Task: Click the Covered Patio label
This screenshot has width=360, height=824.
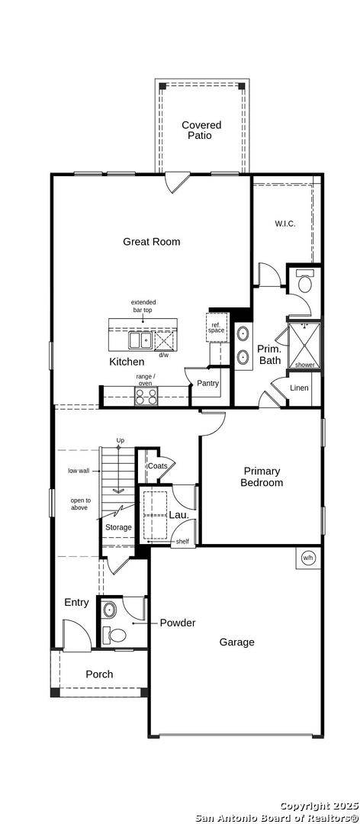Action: coord(201,130)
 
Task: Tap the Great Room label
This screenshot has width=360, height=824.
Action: coord(152,242)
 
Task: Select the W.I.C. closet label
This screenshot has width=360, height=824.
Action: coord(284,224)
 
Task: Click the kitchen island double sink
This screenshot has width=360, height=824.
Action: coord(140,340)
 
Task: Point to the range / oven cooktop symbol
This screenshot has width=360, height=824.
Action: coord(146,396)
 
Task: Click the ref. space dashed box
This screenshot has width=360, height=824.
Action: coord(217,327)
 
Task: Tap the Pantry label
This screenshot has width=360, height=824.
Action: coord(207,384)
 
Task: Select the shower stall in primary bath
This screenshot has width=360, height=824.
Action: coord(304,347)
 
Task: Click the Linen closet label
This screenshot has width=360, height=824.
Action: coord(300,388)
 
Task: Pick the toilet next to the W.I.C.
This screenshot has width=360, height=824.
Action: coord(304,284)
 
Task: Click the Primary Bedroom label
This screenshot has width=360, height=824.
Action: coord(262,477)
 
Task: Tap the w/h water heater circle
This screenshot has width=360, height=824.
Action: coord(308,557)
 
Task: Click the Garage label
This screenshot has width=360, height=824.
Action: coord(236,642)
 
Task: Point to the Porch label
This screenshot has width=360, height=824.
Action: coord(99,674)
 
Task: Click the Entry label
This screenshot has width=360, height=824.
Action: coord(76,603)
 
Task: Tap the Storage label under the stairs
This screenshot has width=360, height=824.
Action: coord(118,527)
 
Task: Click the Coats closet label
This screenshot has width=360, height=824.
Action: coord(157,466)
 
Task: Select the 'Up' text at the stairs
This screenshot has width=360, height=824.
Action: coord(120,441)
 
